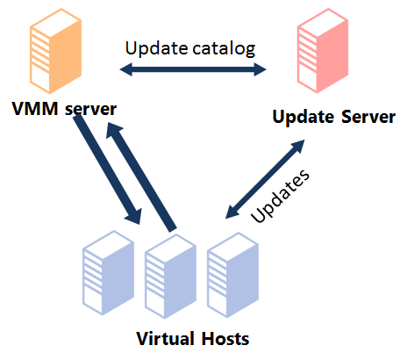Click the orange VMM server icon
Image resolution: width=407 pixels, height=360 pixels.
(x=55, y=51)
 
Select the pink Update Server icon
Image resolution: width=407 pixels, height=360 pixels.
(x=323, y=51)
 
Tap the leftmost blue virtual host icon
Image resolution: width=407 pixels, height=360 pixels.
(x=109, y=273)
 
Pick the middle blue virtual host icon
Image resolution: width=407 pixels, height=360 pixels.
(x=171, y=276)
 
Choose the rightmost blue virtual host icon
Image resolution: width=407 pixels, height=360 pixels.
(x=233, y=275)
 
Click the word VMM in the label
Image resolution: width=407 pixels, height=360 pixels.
(x=35, y=109)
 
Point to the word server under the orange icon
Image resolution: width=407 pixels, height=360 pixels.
(x=90, y=110)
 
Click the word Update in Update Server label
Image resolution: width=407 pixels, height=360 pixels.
(x=303, y=117)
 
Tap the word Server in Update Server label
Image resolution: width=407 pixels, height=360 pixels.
(x=368, y=117)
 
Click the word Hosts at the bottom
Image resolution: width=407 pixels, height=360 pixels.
(x=225, y=339)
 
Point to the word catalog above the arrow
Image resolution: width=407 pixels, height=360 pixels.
(x=224, y=48)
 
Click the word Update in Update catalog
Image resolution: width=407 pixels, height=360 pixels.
(x=156, y=48)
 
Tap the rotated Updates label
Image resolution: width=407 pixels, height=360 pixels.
(x=280, y=196)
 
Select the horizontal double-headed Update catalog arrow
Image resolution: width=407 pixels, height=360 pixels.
(x=193, y=69)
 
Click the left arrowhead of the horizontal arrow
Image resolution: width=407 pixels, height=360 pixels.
(x=126, y=69)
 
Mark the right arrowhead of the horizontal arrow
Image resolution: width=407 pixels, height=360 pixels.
(x=261, y=69)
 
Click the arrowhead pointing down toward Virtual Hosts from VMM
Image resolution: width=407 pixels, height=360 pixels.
(x=133, y=217)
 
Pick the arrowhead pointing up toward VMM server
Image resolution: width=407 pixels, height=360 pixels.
(x=114, y=131)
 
